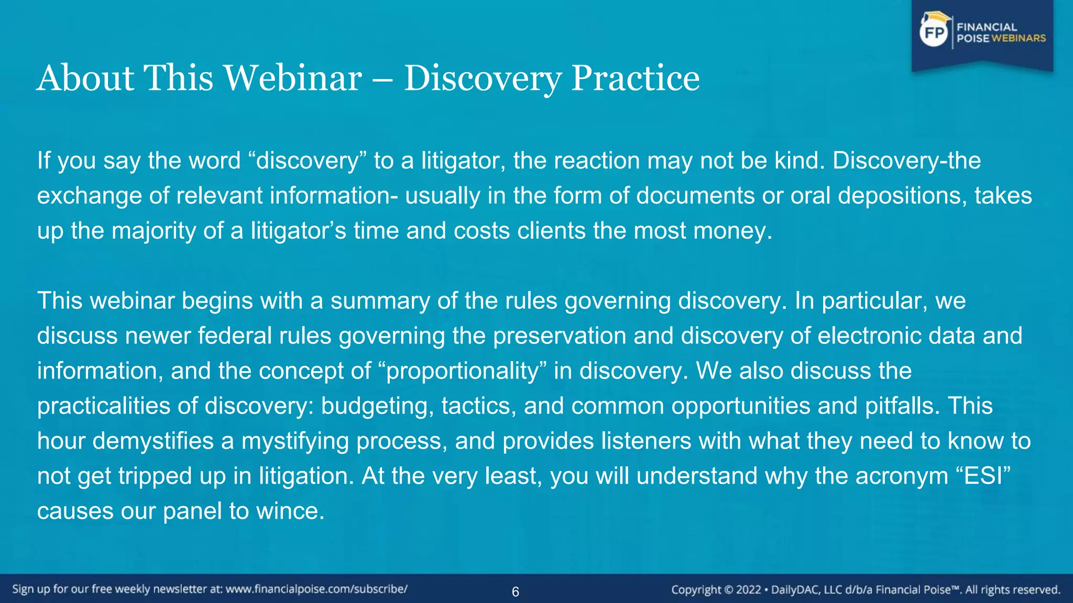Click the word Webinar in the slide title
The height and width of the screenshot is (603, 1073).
(x=293, y=79)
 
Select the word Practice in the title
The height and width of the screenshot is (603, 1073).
(x=635, y=79)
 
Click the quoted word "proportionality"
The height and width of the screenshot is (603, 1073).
(x=462, y=371)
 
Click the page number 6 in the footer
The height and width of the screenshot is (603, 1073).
(x=516, y=592)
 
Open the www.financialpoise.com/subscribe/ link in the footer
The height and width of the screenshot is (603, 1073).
(x=316, y=589)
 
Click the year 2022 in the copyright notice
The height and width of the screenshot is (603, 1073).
(x=748, y=590)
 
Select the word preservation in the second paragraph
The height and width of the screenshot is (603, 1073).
(x=559, y=336)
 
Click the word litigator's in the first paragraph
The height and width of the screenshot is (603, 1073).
(x=298, y=231)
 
